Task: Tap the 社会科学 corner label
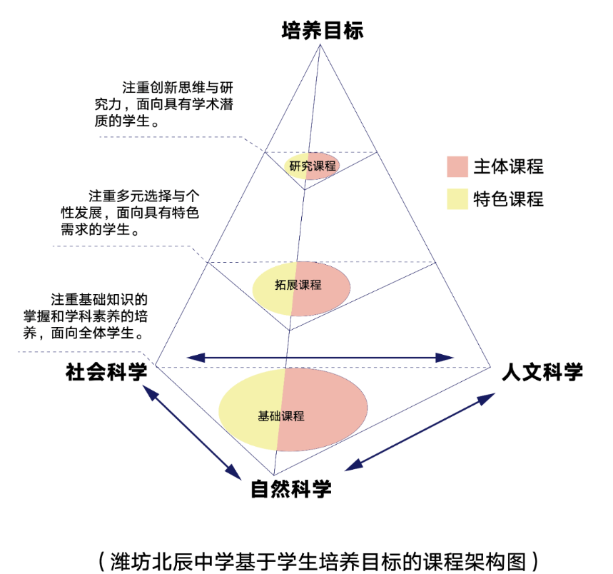coord(106,372)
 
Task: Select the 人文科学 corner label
coord(542,372)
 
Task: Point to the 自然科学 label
coord(291,489)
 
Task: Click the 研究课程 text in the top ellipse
coord(313,166)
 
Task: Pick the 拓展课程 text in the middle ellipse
coord(298,285)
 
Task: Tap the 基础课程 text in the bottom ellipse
coord(281,416)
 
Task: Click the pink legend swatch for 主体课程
coord(457,166)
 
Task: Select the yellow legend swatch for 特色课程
coord(457,199)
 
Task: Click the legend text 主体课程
coord(508,166)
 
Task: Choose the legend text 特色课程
coord(508,199)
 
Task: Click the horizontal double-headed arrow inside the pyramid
coord(320,356)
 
